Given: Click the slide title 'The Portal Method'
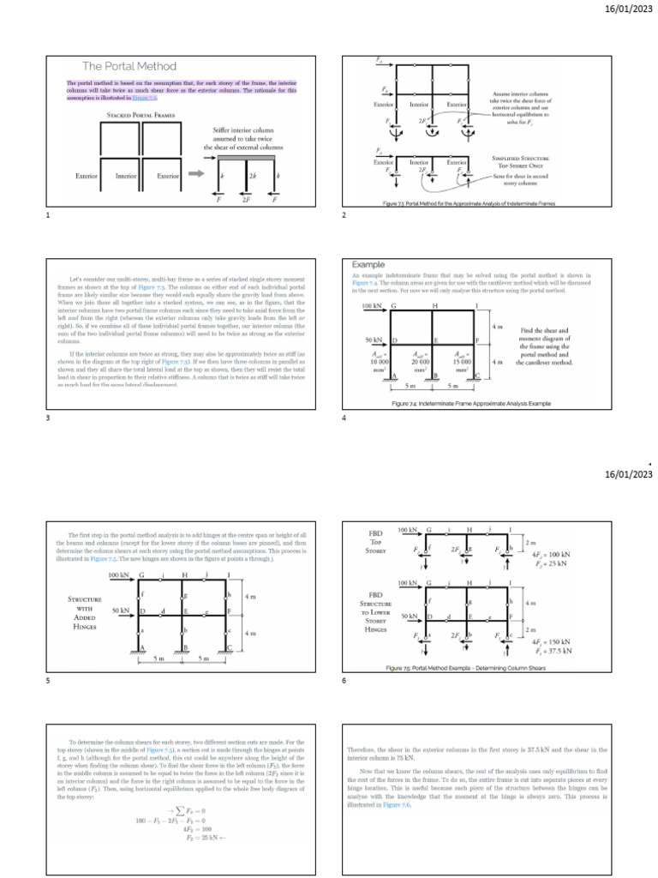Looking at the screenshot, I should pyautogui.click(x=129, y=66).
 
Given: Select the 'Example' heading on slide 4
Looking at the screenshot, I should pyautogui.click(x=369, y=265).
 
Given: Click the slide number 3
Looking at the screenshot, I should pyautogui.click(x=48, y=418).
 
